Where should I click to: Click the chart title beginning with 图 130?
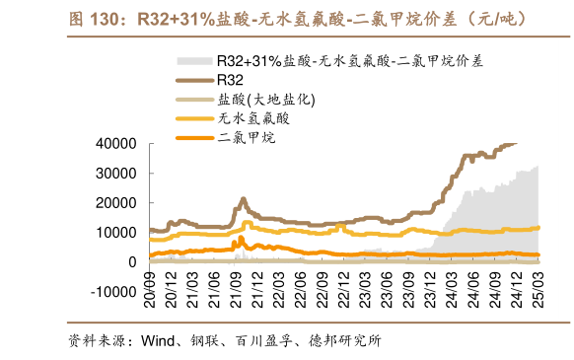click(x=286, y=19)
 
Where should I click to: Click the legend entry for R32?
click(x=229, y=79)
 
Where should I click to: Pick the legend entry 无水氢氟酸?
click(x=253, y=118)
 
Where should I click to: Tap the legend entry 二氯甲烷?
click(x=246, y=138)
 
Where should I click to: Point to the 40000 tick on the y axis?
click(x=116, y=143)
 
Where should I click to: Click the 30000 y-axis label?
click(x=116, y=173)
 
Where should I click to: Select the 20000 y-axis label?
click(x=116, y=202)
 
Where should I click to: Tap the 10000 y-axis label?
click(x=116, y=232)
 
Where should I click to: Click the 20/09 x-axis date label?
click(x=149, y=287)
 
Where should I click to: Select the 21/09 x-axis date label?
click(x=236, y=287)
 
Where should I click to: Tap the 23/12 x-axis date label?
click(x=430, y=287)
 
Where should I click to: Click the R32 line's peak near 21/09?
click(x=243, y=198)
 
